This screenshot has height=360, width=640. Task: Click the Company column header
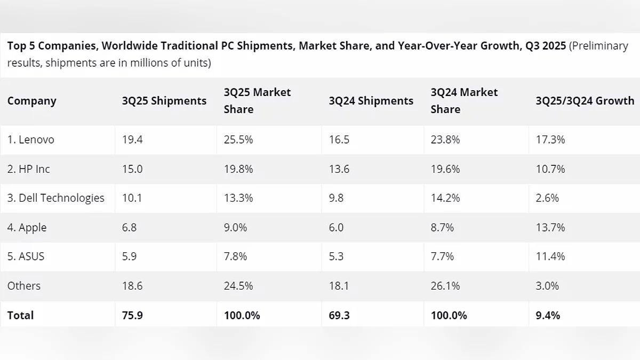tap(31, 101)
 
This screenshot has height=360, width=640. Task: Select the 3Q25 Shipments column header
tap(164, 101)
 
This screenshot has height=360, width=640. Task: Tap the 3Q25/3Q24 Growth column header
tap(585, 101)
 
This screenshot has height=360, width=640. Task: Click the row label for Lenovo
tap(31, 140)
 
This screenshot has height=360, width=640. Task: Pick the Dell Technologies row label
tap(56, 198)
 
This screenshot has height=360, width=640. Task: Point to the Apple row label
tap(27, 227)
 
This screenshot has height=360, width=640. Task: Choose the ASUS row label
tap(26, 257)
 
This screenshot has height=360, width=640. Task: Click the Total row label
tap(20, 315)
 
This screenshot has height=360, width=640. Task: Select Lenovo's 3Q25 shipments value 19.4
tap(132, 140)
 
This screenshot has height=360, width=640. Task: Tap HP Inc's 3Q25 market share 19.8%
tap(238, 169)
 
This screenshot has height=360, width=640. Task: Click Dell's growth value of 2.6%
tap(547, 198)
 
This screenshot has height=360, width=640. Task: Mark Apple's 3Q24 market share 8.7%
tap(442, 227)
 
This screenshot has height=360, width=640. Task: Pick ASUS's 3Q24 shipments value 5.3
tap(336, 257)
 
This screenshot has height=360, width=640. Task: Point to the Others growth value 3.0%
tap(547, 286)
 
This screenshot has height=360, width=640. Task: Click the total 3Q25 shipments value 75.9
tap(132, 315)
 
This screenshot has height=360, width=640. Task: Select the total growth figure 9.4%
tap(548, 315)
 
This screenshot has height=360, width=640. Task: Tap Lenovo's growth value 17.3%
tap(550, 140)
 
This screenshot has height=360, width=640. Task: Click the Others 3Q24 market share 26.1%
tap(445, 286)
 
